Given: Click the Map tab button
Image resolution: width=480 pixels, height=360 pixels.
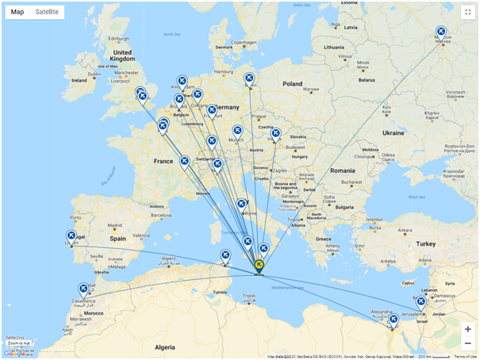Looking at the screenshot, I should (x=17, y=12).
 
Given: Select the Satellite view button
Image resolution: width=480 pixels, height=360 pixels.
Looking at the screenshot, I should (x=47, y=12).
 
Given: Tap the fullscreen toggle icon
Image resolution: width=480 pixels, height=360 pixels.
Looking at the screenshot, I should (x=467, y=12).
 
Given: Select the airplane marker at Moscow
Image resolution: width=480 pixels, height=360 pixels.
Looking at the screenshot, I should (x=441, y=33).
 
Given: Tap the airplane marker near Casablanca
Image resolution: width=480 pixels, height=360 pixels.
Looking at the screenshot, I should (x=83, y=289).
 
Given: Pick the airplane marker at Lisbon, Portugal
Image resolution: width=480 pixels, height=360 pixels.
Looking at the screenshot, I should (x=71, y=236).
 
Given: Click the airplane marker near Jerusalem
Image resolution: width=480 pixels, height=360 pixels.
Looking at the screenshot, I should (x=420, y=302).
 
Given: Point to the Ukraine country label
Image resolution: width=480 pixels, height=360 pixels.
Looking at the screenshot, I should (x=394, y=132).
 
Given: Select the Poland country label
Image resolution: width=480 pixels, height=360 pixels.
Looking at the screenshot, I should (x=292, y=83).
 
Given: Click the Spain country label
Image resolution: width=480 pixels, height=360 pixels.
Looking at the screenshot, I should (x=118, y=238).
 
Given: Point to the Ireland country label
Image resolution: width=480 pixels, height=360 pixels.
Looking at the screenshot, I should (x=79, y=80).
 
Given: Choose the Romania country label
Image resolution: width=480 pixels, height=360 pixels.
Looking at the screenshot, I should (x=343, y=170).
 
